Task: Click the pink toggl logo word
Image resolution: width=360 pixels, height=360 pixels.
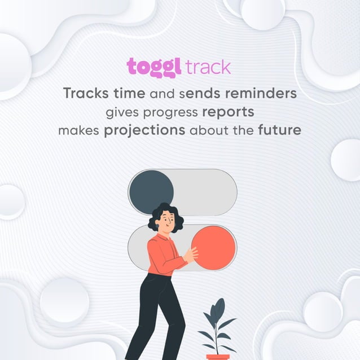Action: (154, 67)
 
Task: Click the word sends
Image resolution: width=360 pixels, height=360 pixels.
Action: (200, 93)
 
